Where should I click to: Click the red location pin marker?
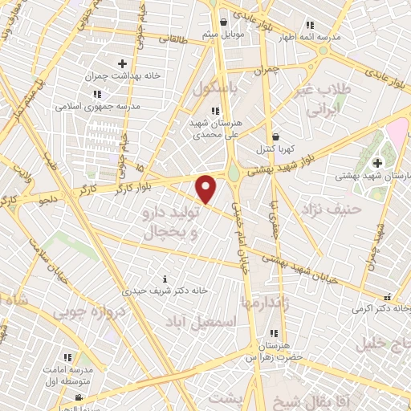206,189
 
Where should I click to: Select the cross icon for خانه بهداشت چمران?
122,63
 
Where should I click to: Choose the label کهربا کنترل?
276,149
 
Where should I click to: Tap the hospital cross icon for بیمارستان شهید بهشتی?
377,163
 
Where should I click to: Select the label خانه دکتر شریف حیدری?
165,290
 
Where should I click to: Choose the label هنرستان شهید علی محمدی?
213,130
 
